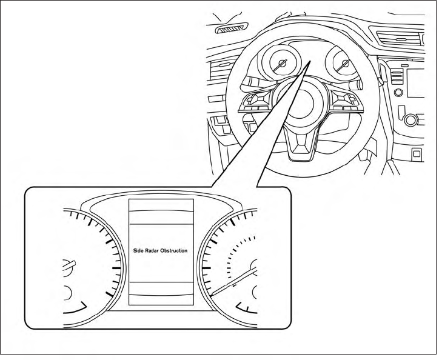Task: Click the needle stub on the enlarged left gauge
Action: [69, 264]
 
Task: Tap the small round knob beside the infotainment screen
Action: [399, 93]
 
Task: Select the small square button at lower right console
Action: [417, 153]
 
